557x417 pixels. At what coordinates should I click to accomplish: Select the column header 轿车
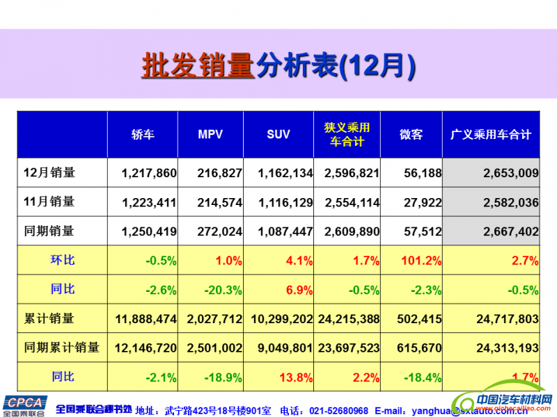click(143, 135)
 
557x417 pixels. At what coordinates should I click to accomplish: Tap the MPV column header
click(210, 135)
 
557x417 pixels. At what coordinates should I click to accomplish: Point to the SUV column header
click(278, 135)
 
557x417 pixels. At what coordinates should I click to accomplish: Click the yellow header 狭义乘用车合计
click(347, 135)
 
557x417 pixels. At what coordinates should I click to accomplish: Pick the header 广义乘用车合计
click(491, 135)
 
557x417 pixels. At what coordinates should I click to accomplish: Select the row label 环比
click(63, 261)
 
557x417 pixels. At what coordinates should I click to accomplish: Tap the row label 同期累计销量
click(61, 347)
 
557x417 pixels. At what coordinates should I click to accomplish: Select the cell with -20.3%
click(223, 290)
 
